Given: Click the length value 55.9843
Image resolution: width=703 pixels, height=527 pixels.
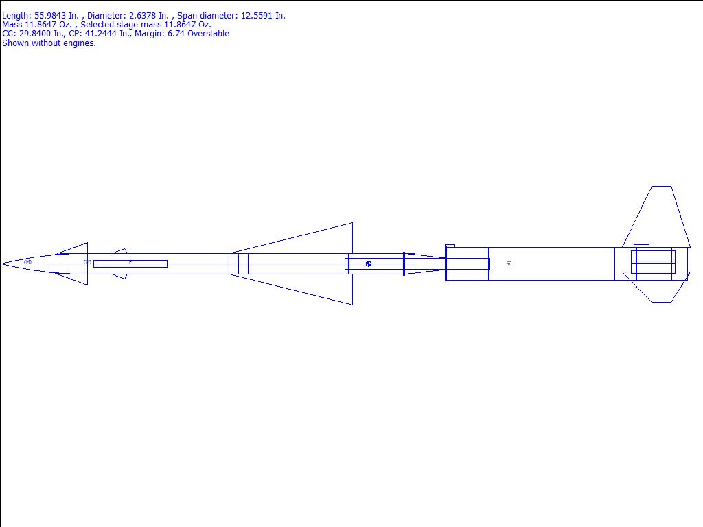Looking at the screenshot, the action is click(x=50, y=15).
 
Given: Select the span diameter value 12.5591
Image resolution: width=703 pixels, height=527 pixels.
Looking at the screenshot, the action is click(x=257, y=15).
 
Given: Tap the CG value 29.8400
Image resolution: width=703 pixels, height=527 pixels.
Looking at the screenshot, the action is click(x=35, y=34).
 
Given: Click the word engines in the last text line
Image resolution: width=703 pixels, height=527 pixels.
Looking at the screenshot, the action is click(x=81, y=43).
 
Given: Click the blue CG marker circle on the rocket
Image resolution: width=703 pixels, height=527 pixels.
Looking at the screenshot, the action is click(x=369, y=264).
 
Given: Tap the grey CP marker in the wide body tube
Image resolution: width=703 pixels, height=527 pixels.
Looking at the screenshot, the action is click(x=509, y=264).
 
